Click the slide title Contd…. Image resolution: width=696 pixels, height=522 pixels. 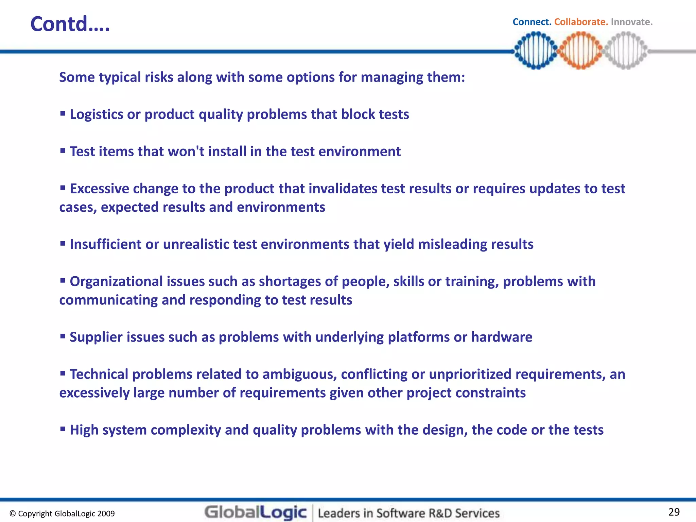[x=70, y=24]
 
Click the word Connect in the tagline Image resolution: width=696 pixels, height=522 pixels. [x=532, y=22]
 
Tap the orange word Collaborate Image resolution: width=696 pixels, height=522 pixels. [x=581, y=22]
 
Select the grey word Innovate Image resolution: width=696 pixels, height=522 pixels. [x=631, y=22]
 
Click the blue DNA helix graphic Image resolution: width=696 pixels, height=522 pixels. [x=536, y=50]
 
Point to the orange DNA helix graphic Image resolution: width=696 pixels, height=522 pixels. [x=580, y=50]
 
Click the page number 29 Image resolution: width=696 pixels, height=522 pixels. [x=674, y=512]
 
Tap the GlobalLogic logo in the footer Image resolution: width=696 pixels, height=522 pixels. [x=256, y=512]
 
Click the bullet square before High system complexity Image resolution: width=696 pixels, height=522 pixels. [x=63, y=429]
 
